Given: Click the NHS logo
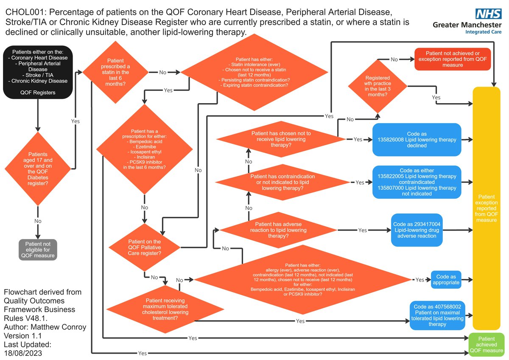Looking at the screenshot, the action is tap(488, 14).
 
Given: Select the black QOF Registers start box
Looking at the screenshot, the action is tap(38, 72).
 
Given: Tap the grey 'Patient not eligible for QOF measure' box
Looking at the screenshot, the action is tap(38, 250).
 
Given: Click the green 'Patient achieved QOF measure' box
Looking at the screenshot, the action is tap(486, 345).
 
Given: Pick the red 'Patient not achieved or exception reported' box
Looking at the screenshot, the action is tap(453, 59).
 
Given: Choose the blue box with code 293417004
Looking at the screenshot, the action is tap(417, 230).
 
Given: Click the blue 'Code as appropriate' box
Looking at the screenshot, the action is tap(446, 279).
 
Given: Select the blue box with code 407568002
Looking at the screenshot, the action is tap(437, 315).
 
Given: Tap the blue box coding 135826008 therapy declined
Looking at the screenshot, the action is tap(417, 140).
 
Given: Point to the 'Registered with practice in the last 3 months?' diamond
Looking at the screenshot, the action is tap(378, 86).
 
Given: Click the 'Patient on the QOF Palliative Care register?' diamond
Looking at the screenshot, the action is tap(144, 247).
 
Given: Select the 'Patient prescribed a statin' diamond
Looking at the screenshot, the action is tap(115, 72).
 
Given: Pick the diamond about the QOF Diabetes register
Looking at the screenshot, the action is tap(38, 169).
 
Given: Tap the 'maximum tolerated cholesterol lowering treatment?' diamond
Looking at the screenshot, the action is tap(165, 309).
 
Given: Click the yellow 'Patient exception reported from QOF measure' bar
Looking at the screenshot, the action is tap(486, 208).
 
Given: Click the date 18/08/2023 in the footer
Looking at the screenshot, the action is tap(23, 353).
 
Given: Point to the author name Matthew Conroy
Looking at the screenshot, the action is tap(59, 327).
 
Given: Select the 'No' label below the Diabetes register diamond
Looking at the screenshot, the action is tap(38, 221).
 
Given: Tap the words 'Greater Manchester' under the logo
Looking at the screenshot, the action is tap(467, 25).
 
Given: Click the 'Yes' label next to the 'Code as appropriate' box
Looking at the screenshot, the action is tap(420, 280).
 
